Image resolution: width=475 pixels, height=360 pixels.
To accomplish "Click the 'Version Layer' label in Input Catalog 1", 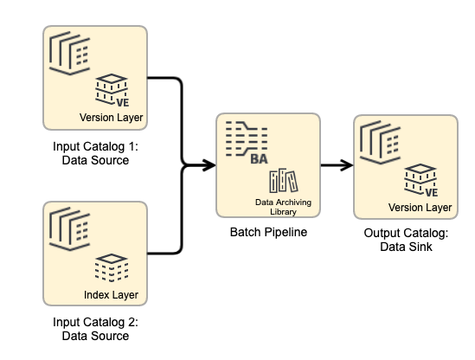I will point(111,118).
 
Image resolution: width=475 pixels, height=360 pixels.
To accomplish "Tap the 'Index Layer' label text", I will point(111,295).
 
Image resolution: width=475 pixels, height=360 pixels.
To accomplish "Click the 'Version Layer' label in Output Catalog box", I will point(420,207).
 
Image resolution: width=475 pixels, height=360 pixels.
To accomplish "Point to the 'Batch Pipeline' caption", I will point(267,233).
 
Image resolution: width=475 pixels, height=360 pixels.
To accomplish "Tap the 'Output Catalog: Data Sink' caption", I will point(406,241).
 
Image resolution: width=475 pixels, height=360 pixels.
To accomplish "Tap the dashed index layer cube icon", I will point(111,268).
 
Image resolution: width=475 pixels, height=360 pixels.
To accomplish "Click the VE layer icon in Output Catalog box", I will point(420,179).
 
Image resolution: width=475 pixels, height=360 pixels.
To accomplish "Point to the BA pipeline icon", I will point(247,143).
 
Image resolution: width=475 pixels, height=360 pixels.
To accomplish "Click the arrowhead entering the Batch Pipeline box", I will point(209,164).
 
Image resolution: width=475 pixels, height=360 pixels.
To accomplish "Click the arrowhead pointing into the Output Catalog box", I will point(346,164).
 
